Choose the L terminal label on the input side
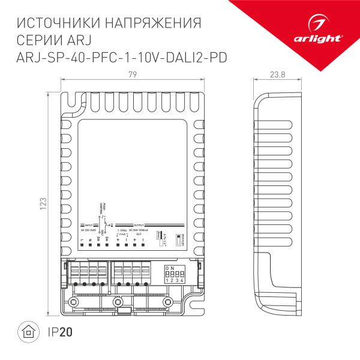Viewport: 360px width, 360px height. (81, 240)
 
